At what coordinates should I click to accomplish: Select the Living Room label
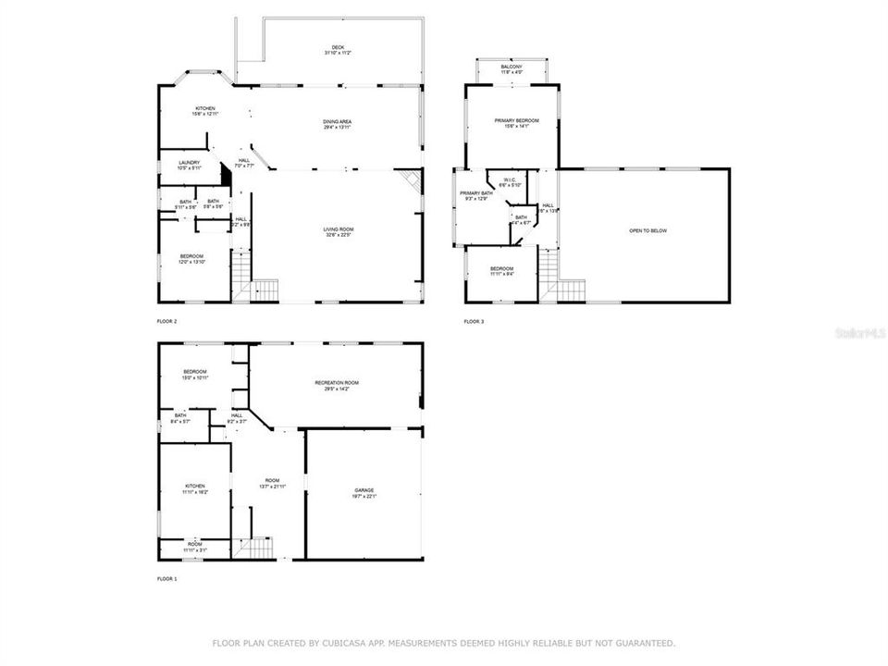(x=339, y=231)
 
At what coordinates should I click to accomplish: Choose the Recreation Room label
(x=337, y=384)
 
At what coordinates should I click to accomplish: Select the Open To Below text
(x=647, y=231)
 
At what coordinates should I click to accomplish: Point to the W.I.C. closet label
(x=510, y=181)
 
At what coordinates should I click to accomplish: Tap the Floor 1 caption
(x=167, y=578)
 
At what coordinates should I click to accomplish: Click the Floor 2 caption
(x=167, y=322)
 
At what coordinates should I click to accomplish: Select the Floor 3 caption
(x=474, y=322)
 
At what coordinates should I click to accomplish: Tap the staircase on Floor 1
(x=241, y=548)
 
